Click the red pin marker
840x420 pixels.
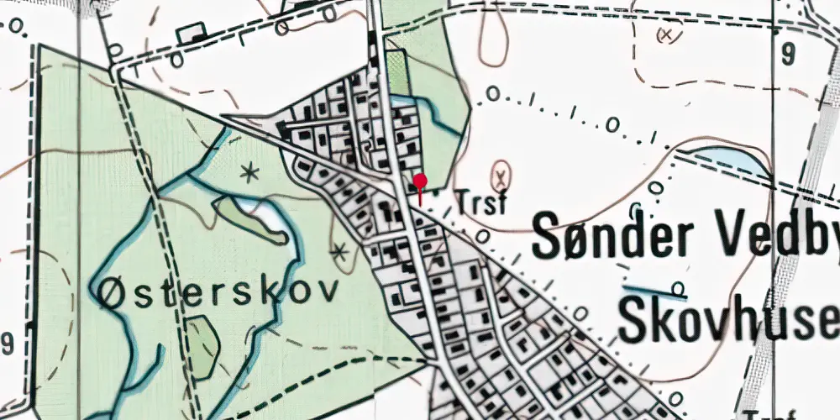tap(420, 181)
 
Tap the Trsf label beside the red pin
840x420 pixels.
tap(481, 202)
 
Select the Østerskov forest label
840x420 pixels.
tap(219, 291)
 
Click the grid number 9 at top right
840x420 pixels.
tap(787, 55)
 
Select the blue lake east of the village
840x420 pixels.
tap(727, 160)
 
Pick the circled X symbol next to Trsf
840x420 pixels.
tap(501, 176)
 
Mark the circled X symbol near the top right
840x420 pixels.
tap(668, 34)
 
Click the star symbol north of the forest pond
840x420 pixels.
tap(249, 174)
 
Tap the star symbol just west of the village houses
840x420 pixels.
tap(339, 250)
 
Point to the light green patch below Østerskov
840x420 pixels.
tap(202, 344)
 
